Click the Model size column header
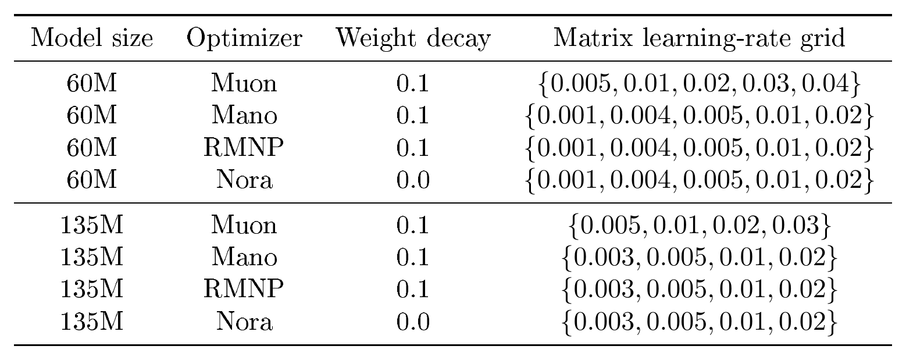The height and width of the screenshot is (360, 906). click(92, 38)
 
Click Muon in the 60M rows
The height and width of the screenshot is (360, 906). click(244, 83)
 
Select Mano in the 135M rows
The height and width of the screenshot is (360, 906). click(244, 257)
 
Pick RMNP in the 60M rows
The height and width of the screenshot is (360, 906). click(244, 148)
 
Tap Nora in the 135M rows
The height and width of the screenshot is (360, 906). click(244, 322)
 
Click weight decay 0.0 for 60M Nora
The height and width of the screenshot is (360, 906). click(412, 180)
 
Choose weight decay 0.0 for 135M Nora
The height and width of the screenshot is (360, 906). click(412, 322)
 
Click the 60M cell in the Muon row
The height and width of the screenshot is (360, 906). click(92, 83)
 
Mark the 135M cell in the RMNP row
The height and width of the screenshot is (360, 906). click(92, 289)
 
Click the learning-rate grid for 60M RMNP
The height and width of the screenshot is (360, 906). click(700, 148)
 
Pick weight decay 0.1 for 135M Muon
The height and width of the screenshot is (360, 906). click(412, 225)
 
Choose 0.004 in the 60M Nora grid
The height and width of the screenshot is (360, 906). click(640, 180)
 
